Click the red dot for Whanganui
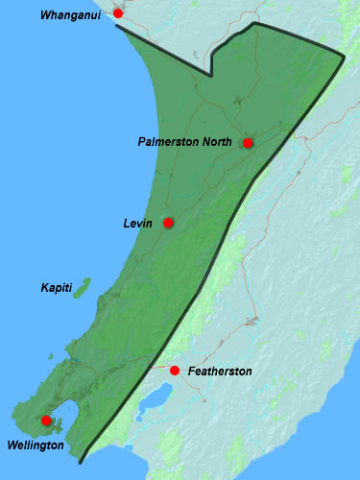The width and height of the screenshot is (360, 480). pyautogui.click(x=118, y=13)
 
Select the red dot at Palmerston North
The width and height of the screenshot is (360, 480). pyautogui.click(x=248, y=143)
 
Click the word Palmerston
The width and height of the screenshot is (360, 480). pyautogui.click(x=169, y=142)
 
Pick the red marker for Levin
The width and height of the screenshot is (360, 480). pyautogui.click(x=168, y=223)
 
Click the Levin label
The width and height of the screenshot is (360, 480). pyautogui.click(x=139, y=224)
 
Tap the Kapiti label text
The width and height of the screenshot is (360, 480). pyautogui.click(x=56, y=288)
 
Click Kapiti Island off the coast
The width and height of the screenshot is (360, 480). pyautogui.click(x=83, y=287)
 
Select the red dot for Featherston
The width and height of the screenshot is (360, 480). pyautogui.click(x=174, y=371)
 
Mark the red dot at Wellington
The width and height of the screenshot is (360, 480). pyautogui.click(x=46, y=420)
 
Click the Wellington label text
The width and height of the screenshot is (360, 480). pyautogui.click(x=35, y=445)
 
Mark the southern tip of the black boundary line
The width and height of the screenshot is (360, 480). pyautogui.click(x=82, y=463)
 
